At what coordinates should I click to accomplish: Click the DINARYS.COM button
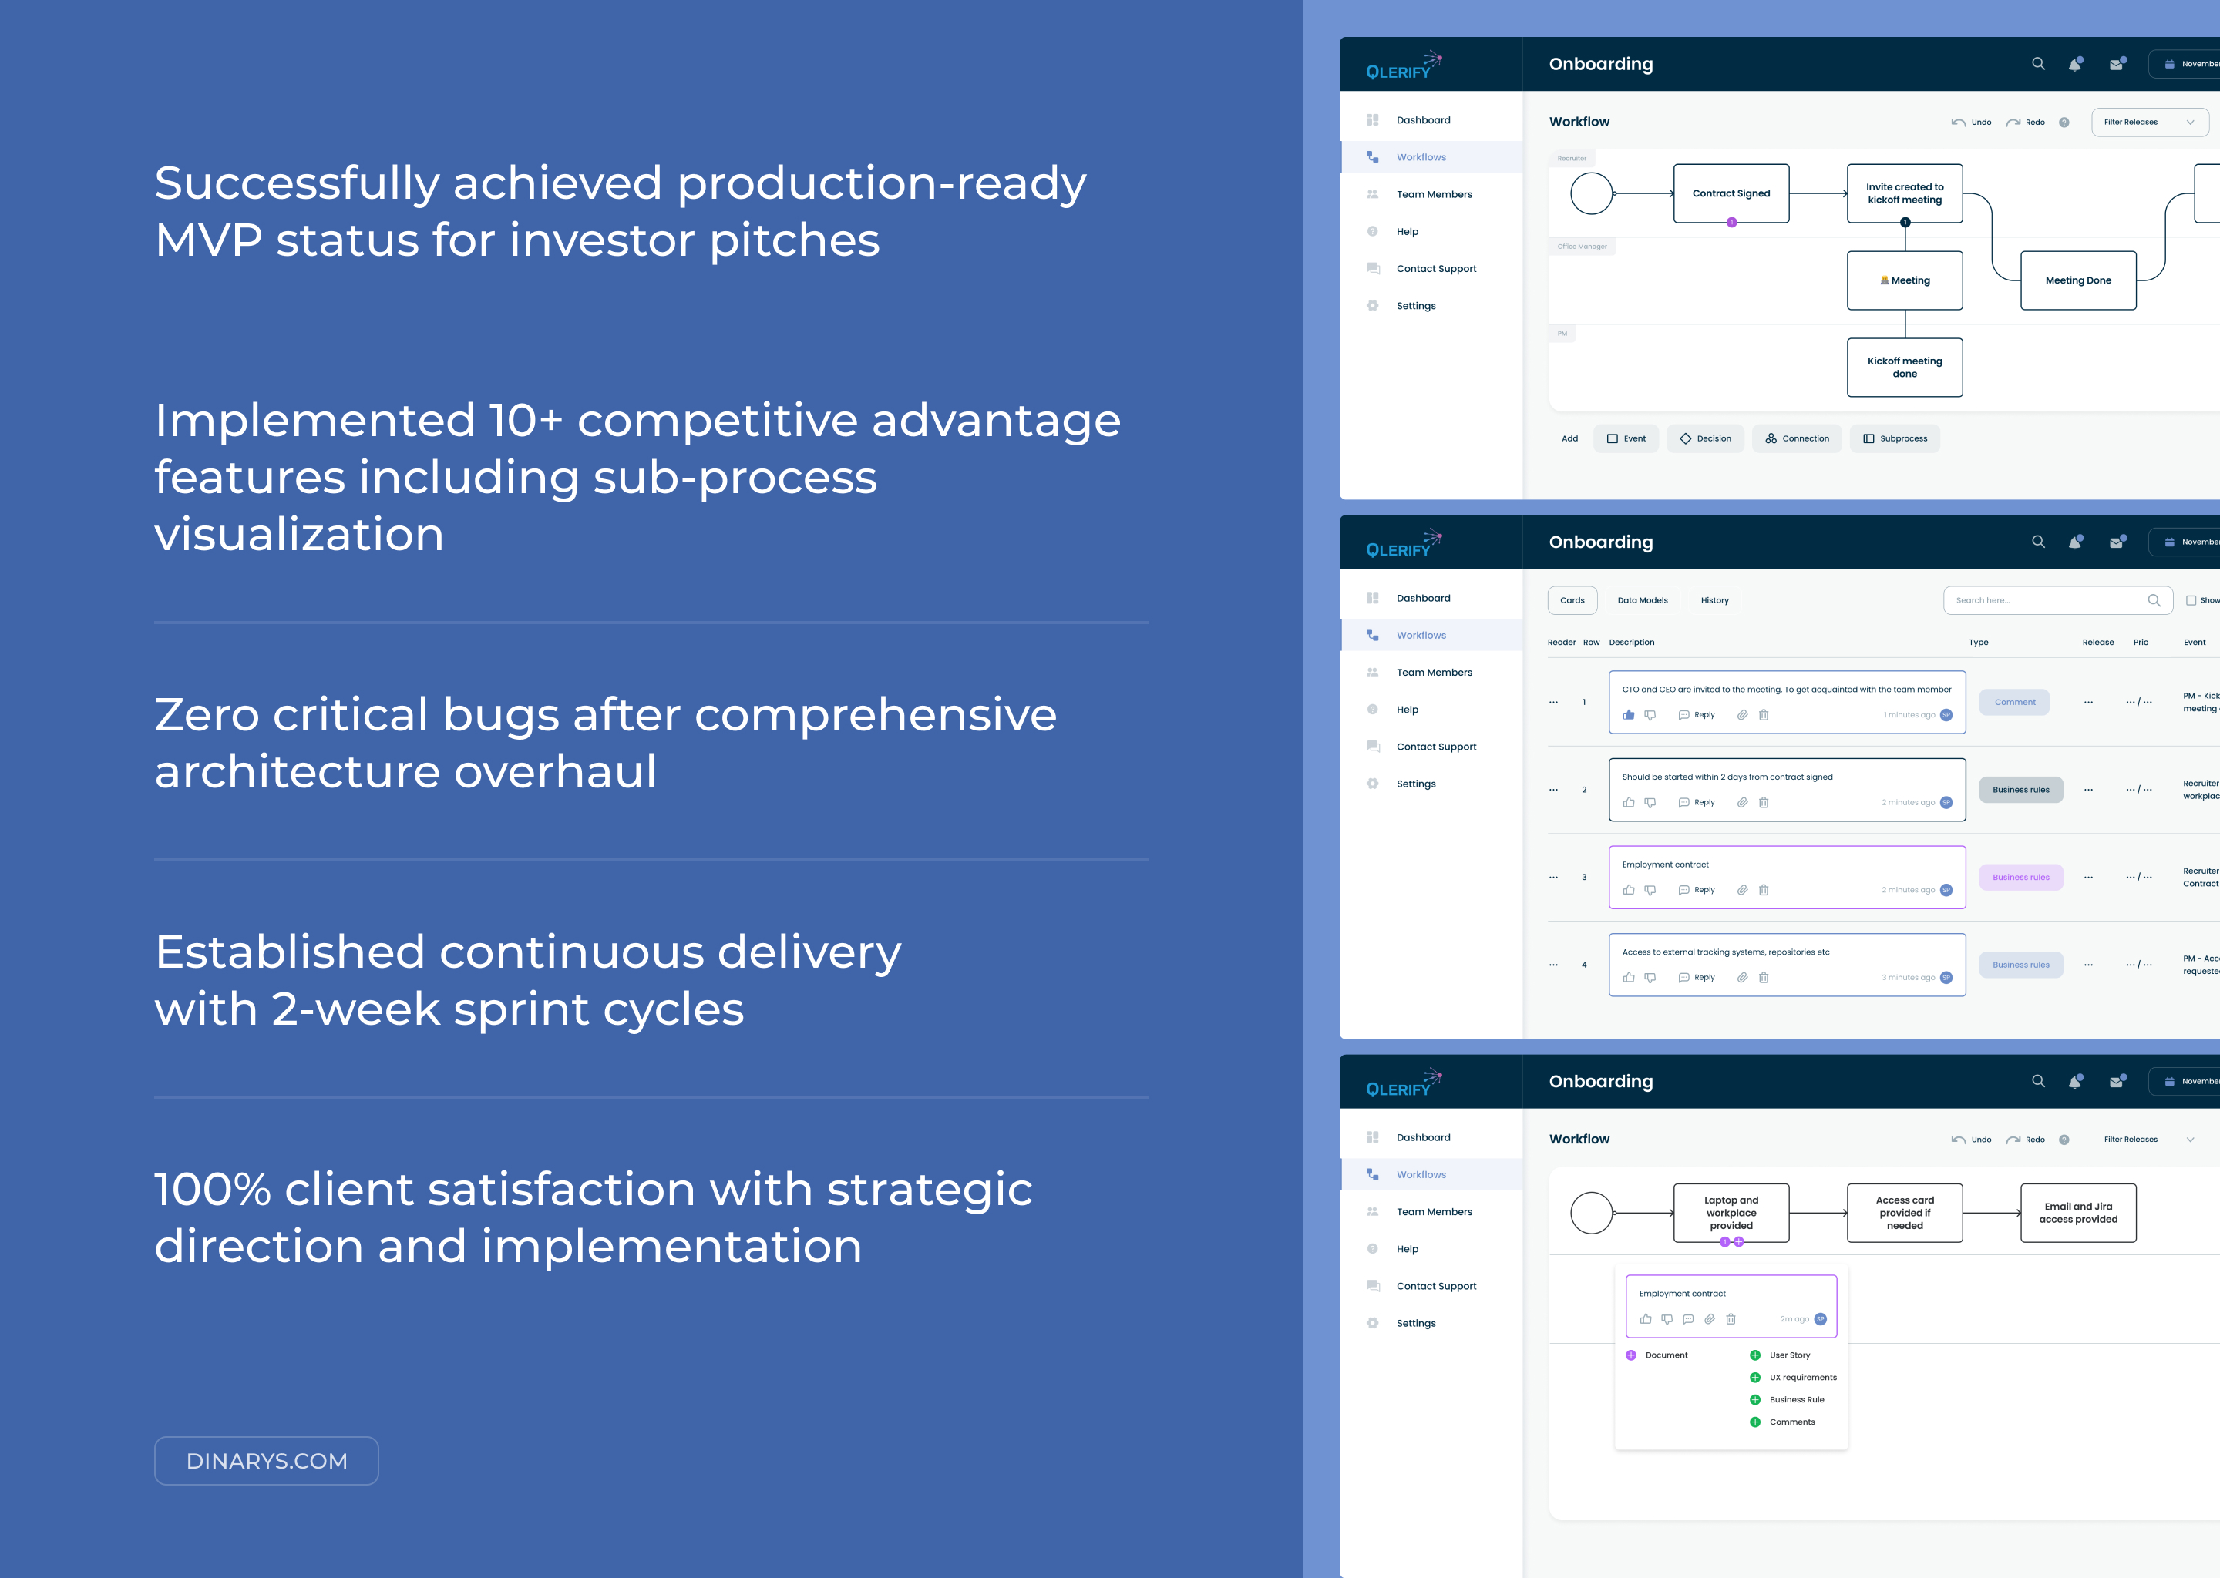tap(265, 1460)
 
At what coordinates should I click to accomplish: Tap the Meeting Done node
tap(2077, 280)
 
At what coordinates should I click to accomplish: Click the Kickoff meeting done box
tap(1904, 368)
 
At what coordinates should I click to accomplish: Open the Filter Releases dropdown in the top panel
tap(2148, 123)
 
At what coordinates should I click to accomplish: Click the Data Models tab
tap(1642, 600)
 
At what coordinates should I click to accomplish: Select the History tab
tap(1714, 600)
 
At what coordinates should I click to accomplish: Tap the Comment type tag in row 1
tap(2014, 703)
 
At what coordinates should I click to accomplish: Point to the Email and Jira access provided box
tap(2077, 1213)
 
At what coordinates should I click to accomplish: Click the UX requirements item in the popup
tap(1802, 1377)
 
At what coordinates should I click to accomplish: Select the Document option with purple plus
tap(1665, 1355)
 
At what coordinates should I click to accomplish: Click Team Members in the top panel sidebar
tap(1434, 194)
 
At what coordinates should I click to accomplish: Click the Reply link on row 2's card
tap(1703, 803)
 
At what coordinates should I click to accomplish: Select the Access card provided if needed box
tap(1904, 1213)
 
